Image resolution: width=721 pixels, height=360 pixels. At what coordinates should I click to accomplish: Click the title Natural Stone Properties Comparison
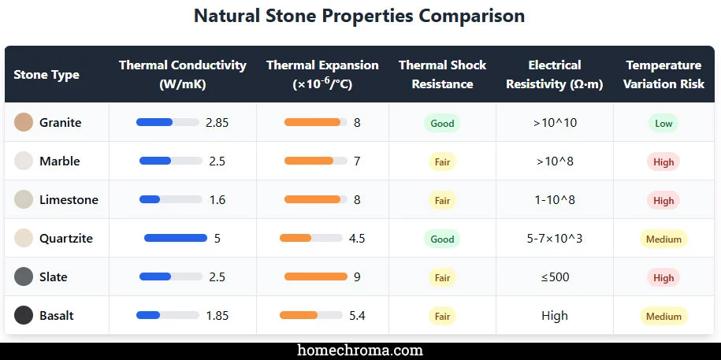coord(359,16)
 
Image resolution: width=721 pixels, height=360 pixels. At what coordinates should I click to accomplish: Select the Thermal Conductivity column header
coord(182,74)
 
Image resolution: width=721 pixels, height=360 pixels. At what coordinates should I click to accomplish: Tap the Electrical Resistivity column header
coord(554,74)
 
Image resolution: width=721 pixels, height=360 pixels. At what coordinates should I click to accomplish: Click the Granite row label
coord(60,123)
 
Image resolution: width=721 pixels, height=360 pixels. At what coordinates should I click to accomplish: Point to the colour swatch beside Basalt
coord(24,316)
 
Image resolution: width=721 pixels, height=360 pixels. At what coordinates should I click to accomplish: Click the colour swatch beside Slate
coord(24,277)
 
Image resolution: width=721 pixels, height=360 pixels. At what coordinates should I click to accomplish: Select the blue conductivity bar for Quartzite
coord(175,238)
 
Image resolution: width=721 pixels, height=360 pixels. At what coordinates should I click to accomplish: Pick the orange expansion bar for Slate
coord(315,276)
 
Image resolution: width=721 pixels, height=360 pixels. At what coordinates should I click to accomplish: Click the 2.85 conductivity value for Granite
coord(217,123)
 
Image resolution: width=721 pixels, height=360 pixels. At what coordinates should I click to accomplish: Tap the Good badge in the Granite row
coord(442,123)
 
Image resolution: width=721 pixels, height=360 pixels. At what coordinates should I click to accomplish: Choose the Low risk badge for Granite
coord(663,123)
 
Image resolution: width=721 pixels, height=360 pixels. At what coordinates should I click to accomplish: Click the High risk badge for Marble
coord(663,161)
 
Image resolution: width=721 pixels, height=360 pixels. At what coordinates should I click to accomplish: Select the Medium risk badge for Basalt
coord(663,316)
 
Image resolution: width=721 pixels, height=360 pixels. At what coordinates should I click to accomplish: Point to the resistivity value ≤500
coord(554,277)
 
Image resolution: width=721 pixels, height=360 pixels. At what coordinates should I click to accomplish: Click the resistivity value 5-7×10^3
coord(554,239)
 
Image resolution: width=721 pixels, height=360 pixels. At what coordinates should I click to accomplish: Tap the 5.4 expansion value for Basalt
coord(357,316)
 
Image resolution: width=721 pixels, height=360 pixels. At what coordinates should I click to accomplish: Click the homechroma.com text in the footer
coord(359,351)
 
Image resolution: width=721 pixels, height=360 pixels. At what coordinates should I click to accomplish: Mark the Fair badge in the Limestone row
coord(442,200)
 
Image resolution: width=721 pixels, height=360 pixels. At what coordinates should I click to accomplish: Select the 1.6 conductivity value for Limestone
coord(217,200)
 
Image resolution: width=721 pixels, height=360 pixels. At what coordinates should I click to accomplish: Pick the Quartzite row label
coord(65,239)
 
